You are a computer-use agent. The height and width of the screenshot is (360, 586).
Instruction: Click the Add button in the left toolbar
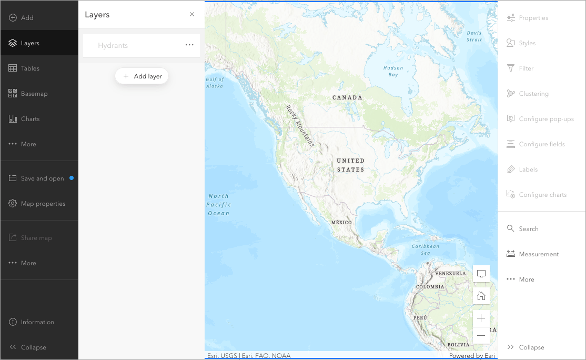pyautogui.click(x=21, y=18)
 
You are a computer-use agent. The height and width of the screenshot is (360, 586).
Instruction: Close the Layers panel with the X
pyautogui.click(x=192, y=15)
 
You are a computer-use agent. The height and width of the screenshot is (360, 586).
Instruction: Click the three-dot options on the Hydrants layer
pyautogui.click(x=189, y=45)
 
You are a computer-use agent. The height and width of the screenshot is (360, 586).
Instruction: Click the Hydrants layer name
pyautogui.click(x=113, y=46)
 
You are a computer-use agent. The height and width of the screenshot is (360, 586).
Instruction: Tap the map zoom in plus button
pyautogui.click(x=481, y=318)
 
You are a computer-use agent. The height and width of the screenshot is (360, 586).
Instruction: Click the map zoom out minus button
pyautogui.click(x=481, y=335)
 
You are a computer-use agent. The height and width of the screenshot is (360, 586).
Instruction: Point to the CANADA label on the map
pyautogui.click(x=347, y=97)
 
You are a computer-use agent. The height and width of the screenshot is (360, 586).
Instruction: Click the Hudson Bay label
pyautogui.click(x=393, y=71)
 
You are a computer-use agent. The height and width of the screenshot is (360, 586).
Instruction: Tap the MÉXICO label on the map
pyautogui.click(x=341, y=223)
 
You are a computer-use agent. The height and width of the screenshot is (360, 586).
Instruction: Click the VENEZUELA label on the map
pyautogui.click(x=450, y=274)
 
